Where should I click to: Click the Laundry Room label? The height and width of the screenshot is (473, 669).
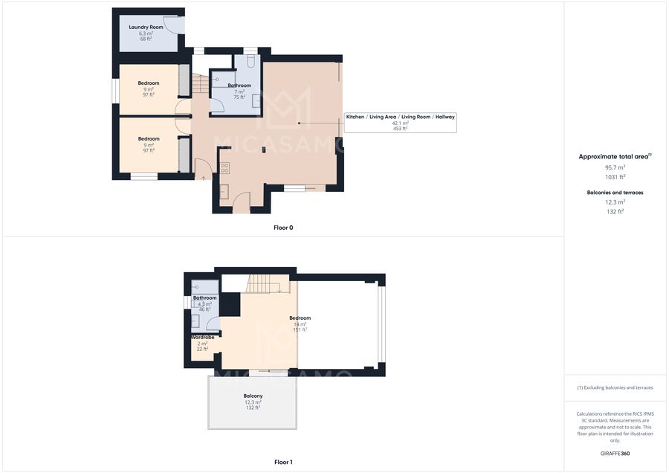click(146, 27)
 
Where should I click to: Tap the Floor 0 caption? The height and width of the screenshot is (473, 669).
click(283, 228)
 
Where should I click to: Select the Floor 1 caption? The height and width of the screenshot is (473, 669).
click(283, 462)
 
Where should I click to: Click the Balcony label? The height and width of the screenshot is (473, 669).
click(253, 396)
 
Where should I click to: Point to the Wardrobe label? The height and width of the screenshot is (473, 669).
click(203, 337)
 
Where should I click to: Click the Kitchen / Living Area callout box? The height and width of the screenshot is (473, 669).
click(400, 123)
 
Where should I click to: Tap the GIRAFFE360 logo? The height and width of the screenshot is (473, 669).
click(615, 454)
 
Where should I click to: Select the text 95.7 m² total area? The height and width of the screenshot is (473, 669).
click(615, 167)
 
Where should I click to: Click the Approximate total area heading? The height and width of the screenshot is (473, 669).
click(615, 156)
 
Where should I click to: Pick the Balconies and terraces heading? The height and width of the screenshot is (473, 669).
click(615, 193)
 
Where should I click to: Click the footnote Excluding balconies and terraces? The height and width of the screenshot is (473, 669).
click(615, 387)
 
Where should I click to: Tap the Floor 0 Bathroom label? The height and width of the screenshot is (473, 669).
click(239, 86)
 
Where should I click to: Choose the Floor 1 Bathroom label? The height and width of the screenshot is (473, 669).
click(205, 297)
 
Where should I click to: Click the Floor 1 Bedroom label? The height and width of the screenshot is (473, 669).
click(300, 318)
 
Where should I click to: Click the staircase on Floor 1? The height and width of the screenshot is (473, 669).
click(263, 284)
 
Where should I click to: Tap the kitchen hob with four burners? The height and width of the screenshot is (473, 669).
click(224, 168)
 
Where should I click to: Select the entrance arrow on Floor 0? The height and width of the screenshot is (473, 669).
click(204, 177)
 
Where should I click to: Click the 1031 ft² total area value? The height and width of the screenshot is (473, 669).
click(615, 177)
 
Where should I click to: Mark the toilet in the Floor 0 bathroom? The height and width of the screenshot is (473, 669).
click(251, 61)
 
